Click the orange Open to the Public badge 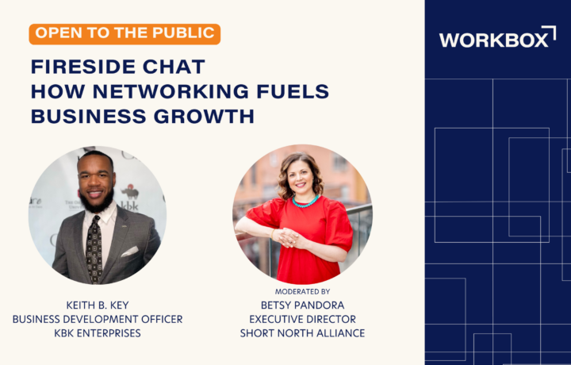click(x=125, y=34)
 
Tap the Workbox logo click(x=497, y=36)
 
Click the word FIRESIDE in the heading click(x=83, y=67)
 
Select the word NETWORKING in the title click(x=171, y=91)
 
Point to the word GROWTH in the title click(x=204, y=116)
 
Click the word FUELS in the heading click(x=293, y=91)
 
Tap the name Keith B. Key click(x=98, y=305)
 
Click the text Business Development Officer click(x=98, y=319)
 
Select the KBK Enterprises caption click(x=98, y=333)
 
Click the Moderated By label click(x=302, y=291)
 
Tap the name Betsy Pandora click(x=302, y=305)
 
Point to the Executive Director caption click(x=302, y=319)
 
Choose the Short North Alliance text click(x=302, y=333)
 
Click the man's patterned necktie click(x=94, y=248)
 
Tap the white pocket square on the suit click(x=129, y=252)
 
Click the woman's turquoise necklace click(x=305, y=202)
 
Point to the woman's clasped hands click(x=290, y=238)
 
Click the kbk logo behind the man click(x=129, y=198)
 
